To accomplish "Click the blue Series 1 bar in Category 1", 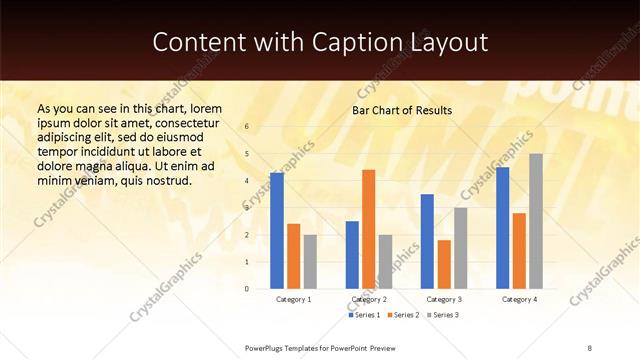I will (x=277, y=231).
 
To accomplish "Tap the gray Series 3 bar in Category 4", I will (x=536, y=221).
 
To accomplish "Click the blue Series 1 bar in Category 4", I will (x=502, y=228).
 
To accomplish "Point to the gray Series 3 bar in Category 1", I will (x=310, y=262).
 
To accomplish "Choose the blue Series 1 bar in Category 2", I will (x=352, y=255).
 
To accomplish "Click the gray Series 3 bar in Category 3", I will (x=460, y=248).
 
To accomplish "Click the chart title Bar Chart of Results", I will (x=402, y=110).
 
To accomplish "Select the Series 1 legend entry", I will (x=364, y=315).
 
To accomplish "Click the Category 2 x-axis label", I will (x=369, y=299).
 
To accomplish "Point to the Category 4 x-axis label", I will (x=519, y=299).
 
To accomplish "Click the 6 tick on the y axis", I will (x=247, y=127).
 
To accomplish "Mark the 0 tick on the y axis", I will (x=247, y=289).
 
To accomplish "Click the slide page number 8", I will (x=590, y=347).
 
